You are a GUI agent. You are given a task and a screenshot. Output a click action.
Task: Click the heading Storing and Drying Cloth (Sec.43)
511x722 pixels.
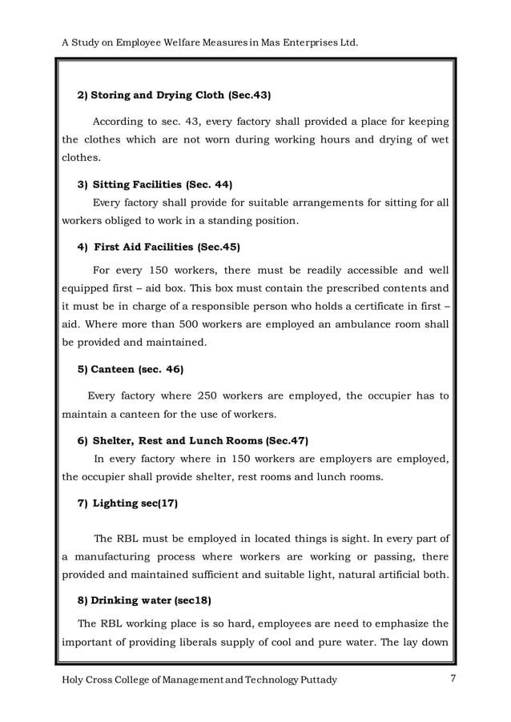click(174, 95)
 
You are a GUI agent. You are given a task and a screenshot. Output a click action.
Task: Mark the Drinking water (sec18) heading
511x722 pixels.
click(143, 600)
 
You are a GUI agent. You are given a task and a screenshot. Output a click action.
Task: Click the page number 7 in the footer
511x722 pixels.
click(453, 680)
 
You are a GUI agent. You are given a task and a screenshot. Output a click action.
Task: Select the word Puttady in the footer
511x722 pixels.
click(314, 680)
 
